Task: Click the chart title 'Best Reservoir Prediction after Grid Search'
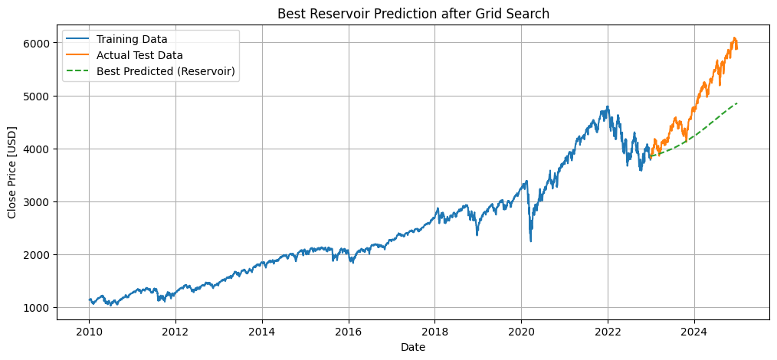[413, 13]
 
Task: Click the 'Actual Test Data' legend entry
[139, 55]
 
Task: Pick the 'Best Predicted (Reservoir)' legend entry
[166, 71]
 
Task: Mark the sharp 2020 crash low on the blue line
[531, 241]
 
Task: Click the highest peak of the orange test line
[734, 38]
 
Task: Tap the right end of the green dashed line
[737, 103]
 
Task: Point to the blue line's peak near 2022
[608, 106]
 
